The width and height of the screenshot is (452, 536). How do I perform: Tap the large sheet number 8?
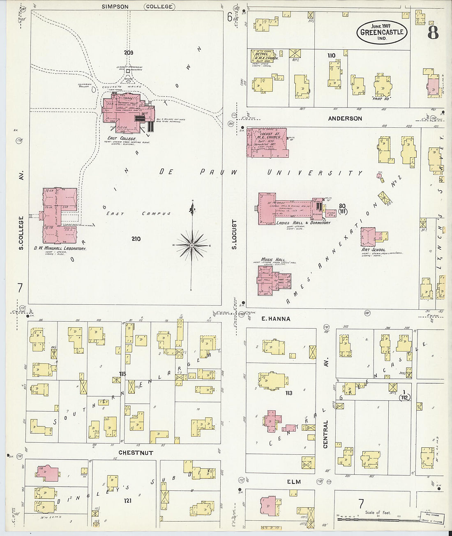point(433,32)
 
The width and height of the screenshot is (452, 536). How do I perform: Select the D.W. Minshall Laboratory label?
point(60,248)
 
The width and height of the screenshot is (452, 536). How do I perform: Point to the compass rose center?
point(191,245)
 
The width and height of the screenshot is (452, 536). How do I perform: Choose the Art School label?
point(373,249)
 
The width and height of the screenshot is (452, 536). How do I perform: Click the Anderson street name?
point(345,118)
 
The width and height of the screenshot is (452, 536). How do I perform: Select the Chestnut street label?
point(136,453)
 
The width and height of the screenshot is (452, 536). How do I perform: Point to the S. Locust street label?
point(235,235)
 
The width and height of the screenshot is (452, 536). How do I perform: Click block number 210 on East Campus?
point(136,239)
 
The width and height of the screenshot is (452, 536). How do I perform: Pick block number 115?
point(122,373)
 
